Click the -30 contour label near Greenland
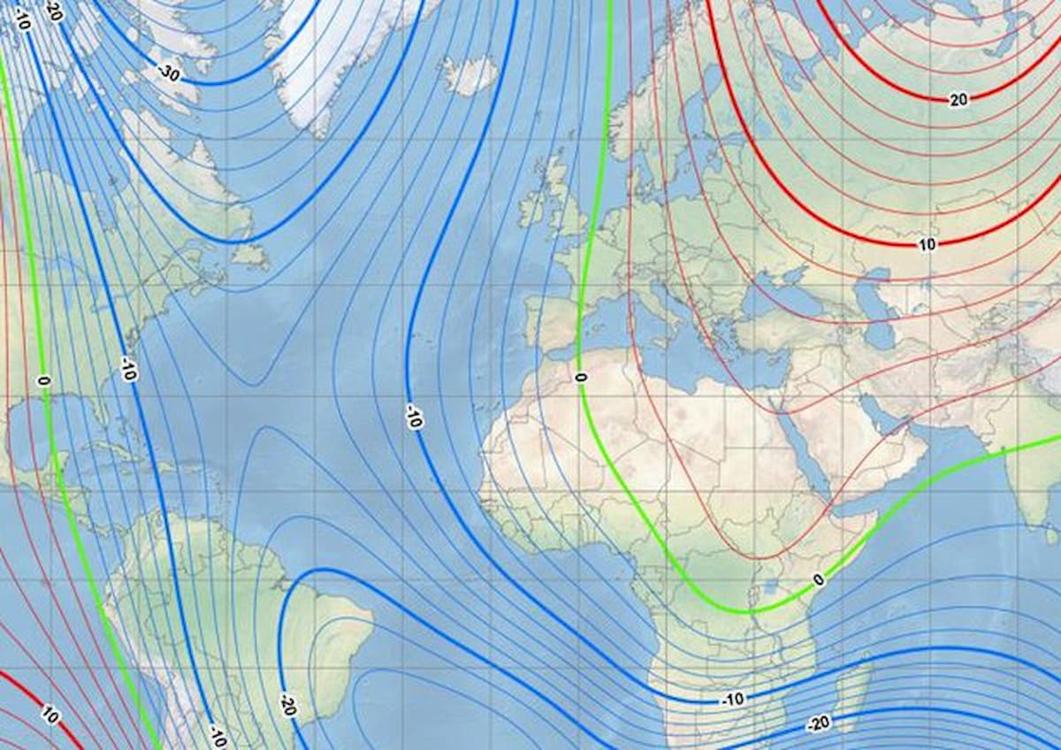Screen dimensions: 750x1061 (169, 74)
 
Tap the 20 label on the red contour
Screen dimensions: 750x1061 (958, 100)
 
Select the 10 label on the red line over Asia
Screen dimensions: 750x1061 (926, 244)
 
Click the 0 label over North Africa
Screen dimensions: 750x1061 (580, 378)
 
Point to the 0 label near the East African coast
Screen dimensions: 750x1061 (819, 580)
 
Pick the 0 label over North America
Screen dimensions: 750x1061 (42, 380)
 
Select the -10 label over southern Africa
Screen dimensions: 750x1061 (732, 700)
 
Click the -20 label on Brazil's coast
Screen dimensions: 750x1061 (286, 705)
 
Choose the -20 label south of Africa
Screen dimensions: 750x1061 (818, 723)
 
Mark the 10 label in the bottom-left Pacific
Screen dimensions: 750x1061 (50, 715)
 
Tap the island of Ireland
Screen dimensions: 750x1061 (532, 206)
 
